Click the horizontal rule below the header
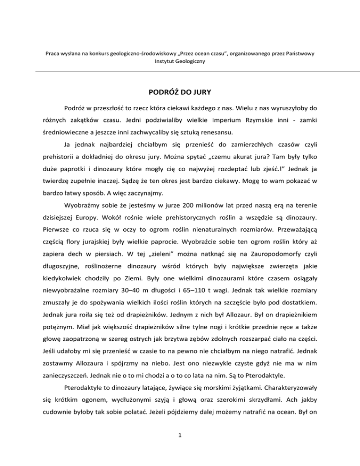180,71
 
